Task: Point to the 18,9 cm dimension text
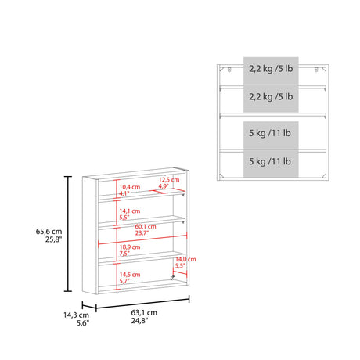click(130, 245)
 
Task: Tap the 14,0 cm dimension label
click(185, 259)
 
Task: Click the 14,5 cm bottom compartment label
click(130, 275)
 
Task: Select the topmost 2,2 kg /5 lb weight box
click(271, 69)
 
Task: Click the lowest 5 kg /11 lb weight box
click(271, 161)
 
